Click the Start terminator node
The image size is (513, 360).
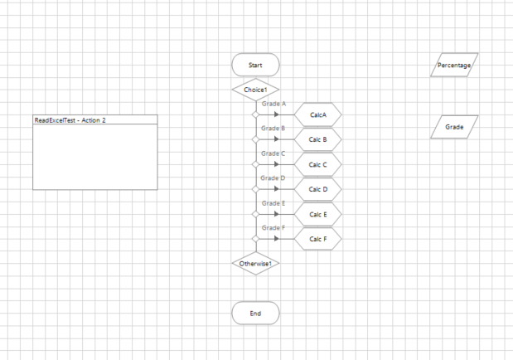tap(255, 65)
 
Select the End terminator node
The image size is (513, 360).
tap(255, 314)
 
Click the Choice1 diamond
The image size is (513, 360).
tap(255, 90)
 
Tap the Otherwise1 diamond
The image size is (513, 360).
tap(255, 264)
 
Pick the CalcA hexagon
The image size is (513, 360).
tap(318, 114)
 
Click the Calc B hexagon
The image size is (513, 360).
tap(318, 139)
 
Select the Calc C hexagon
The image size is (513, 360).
tap(318, 164)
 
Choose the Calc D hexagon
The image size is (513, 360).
tap(318, 189)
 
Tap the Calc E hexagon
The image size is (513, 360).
tap(318, 214)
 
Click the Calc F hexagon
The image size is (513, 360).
tap(318, 239)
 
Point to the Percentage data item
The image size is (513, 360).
tap(454, 65)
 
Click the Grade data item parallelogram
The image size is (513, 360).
tap(454, 127)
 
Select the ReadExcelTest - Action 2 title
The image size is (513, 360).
tap(70, 120)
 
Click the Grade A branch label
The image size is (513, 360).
tap(273, 105)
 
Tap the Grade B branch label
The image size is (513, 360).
tap(273, 129)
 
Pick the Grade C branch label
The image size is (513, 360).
tap(273, 154)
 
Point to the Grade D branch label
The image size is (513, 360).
tap(273, 178)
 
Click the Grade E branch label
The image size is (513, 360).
tap(273, 203)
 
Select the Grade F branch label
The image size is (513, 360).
tap(273, 228)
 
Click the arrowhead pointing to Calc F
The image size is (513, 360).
tap(277, 239)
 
